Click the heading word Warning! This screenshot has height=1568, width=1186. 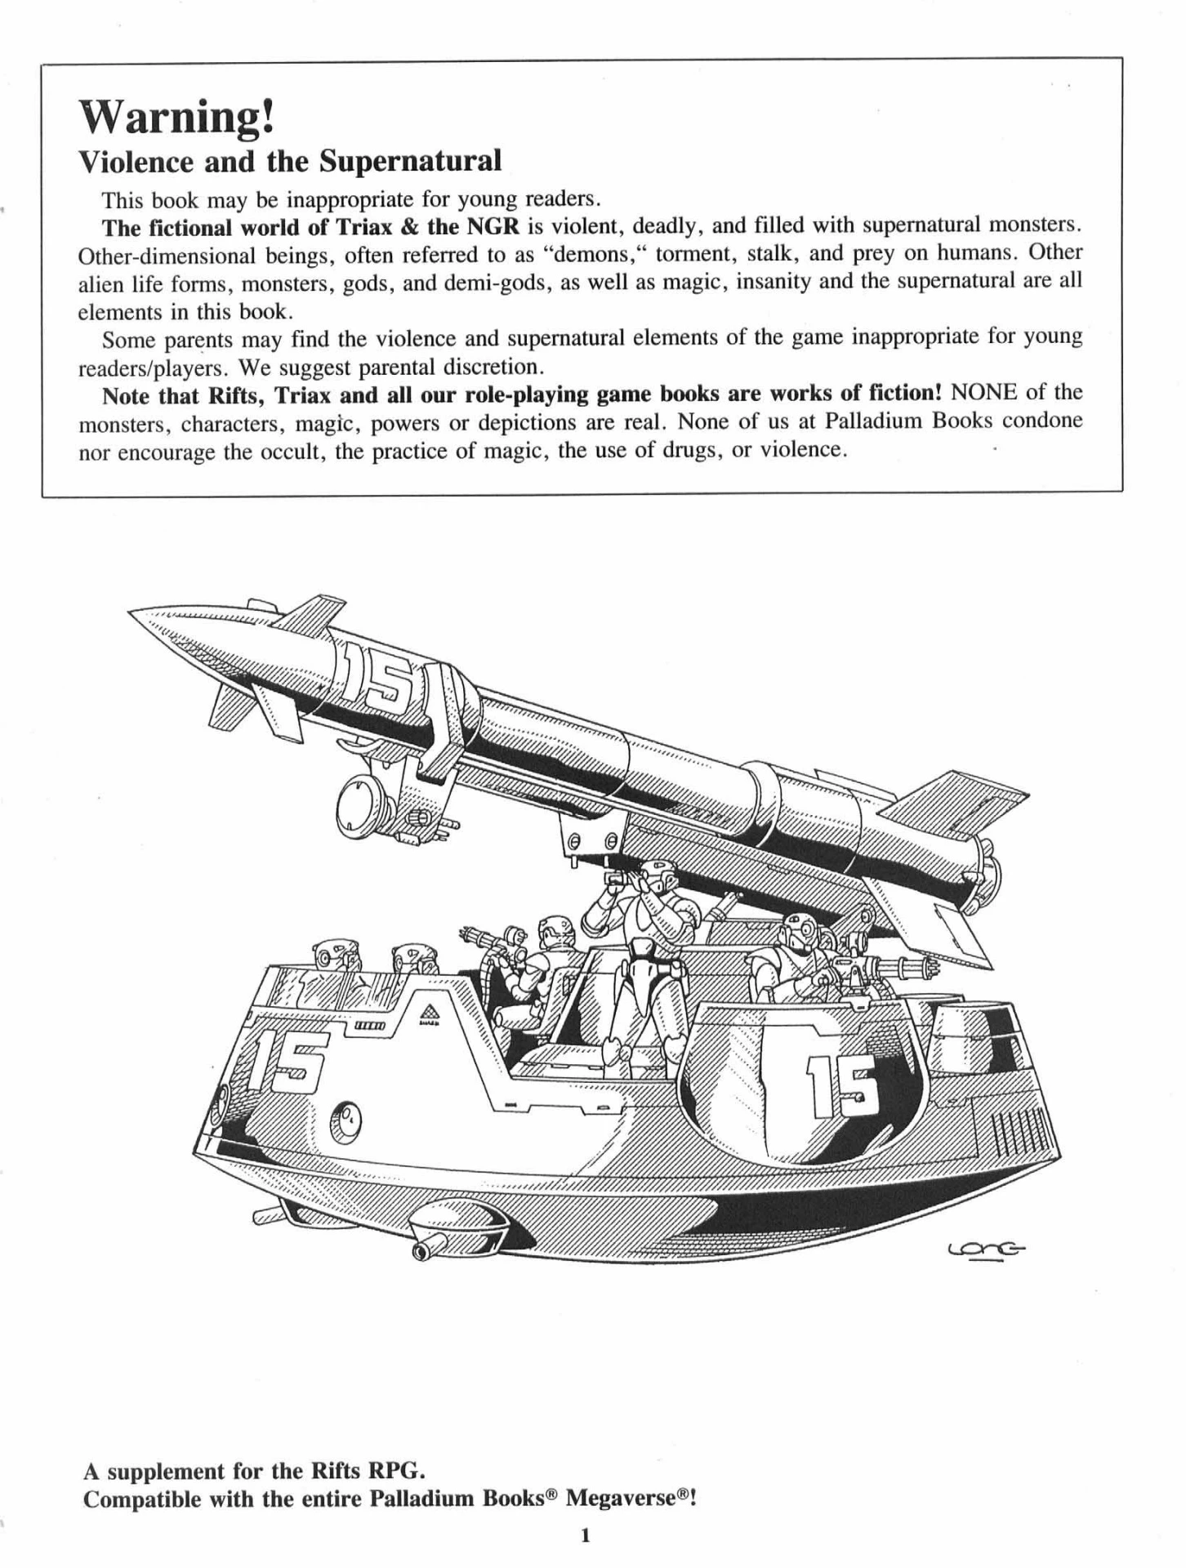pyautogui.click(x=176, y=118)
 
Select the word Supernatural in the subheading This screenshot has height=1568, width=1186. pyautogui.click(x=409, y=161)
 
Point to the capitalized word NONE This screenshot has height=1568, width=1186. pyautogui.click(x=983, y=393)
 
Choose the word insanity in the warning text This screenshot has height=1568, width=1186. pyautogui.click(x=744, y=282)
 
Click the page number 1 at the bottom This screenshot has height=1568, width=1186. pyautogui.click(x=585, y=1535)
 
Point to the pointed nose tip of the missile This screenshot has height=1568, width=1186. pyautogui.click(x=130, y=613)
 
